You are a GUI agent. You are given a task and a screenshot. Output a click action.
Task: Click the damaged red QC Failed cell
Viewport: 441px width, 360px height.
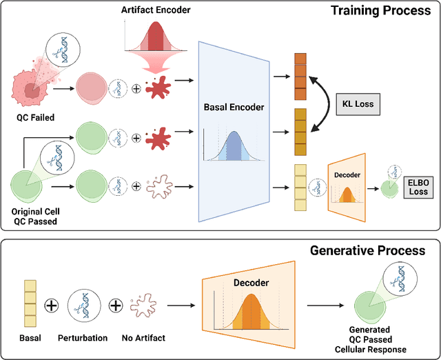(32, 87)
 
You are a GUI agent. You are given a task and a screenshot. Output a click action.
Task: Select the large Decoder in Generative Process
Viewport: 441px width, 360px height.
(249, 303)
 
